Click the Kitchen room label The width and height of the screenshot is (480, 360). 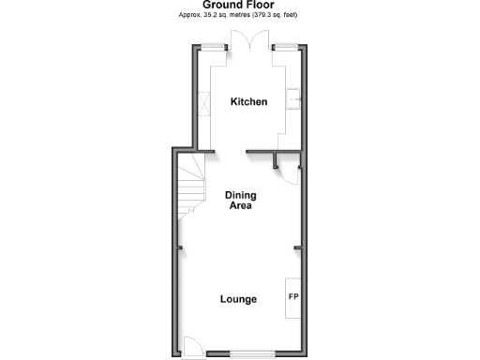pyautogui.click(x=249, y=102)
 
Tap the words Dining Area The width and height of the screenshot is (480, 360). pyautogui.click(x=241, y=201)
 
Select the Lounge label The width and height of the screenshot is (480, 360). pyautogui.click(x=238, y=300)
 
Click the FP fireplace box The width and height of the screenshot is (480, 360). pyautogui.click(x=292, y=298)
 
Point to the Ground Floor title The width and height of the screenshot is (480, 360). pyautogui.click(x=239, y=6)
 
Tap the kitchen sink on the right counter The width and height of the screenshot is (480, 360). pyautogui.click(x=293, y=98)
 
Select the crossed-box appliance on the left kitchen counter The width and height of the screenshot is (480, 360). pyautogui.click(x=205, y=102)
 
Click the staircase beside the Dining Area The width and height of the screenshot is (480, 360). pyautogui.click(x=191, y=186)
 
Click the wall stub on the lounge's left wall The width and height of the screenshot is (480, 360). pyautogui.click(x=178, y=247)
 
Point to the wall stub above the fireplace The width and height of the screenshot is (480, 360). pyautogui.click(x=298, y=247)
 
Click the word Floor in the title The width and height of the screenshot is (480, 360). pyautogui.click(x=262, y=6)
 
